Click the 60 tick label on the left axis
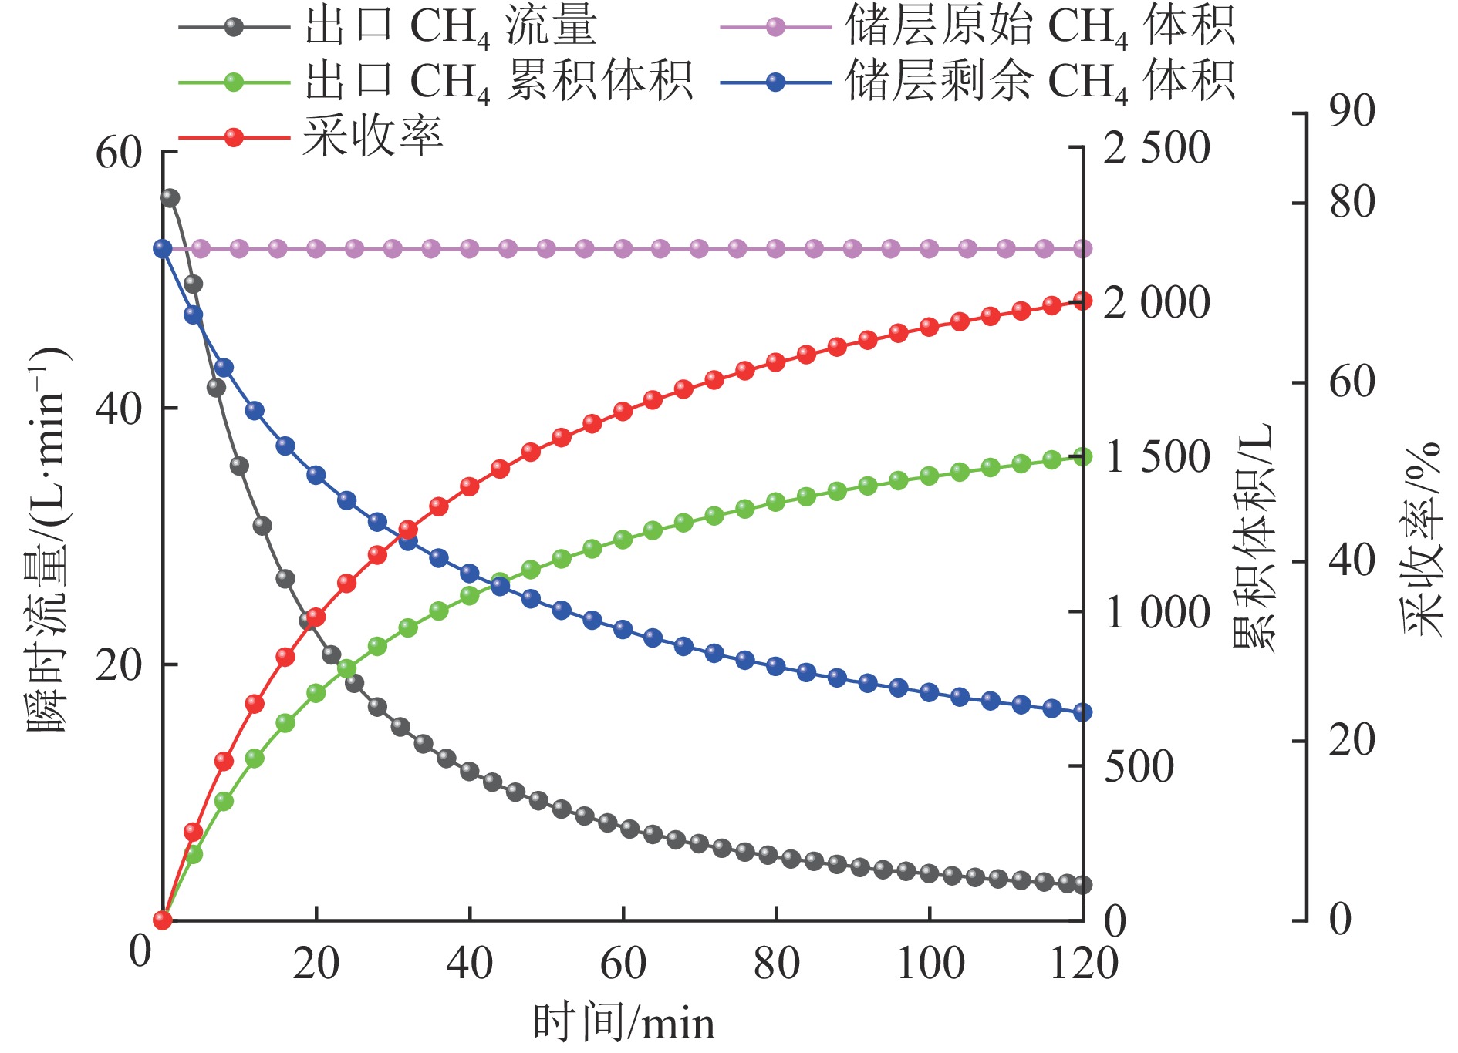point(119,153)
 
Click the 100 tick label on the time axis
point(930,964)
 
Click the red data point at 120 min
point(1082,301)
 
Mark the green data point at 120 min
point(1082,457)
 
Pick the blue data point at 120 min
point(1082,712)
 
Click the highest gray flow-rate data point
point(170,198)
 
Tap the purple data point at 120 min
point(1082,248)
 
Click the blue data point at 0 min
point(163,248)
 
